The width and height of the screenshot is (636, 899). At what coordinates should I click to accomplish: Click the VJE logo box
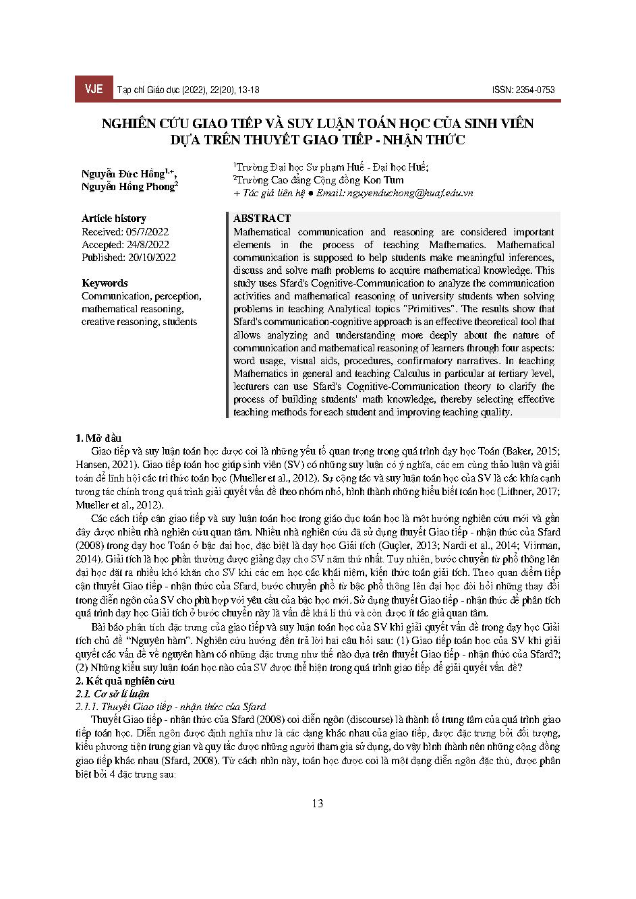click(94, 89)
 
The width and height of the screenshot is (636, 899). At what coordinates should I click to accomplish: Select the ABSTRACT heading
click(262, 219)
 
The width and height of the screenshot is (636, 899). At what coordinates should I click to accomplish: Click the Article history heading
click(114, 219)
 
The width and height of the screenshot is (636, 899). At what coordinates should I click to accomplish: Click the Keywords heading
click(105, 283)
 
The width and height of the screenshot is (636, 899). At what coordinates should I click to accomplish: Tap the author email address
click(409, 193)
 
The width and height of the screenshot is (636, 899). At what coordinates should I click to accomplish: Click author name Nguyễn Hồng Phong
click(128, 187)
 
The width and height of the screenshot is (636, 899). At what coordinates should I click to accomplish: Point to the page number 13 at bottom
click(318, 803)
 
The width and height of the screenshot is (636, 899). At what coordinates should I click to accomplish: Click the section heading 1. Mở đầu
click(98, 438)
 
